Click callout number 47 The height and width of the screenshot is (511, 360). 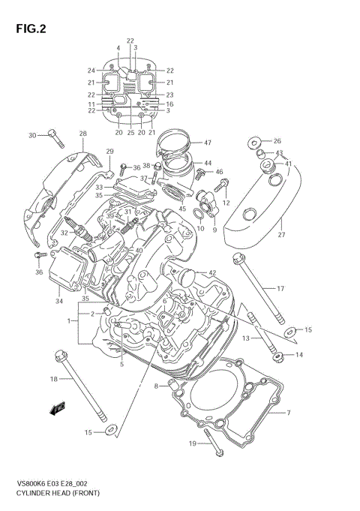208,143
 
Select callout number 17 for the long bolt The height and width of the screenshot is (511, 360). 280,289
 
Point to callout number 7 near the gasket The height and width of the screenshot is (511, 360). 287,413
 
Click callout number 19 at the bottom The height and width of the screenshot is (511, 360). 192,444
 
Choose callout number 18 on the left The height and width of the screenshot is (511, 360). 53,379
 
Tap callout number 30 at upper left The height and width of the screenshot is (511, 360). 32,135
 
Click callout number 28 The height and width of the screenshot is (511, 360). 82,134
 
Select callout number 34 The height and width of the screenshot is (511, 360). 58,302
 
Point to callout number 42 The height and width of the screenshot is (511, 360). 212,273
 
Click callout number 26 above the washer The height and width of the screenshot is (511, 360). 277,141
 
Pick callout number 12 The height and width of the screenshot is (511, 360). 225,203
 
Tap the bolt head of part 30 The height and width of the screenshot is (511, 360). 52,135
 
